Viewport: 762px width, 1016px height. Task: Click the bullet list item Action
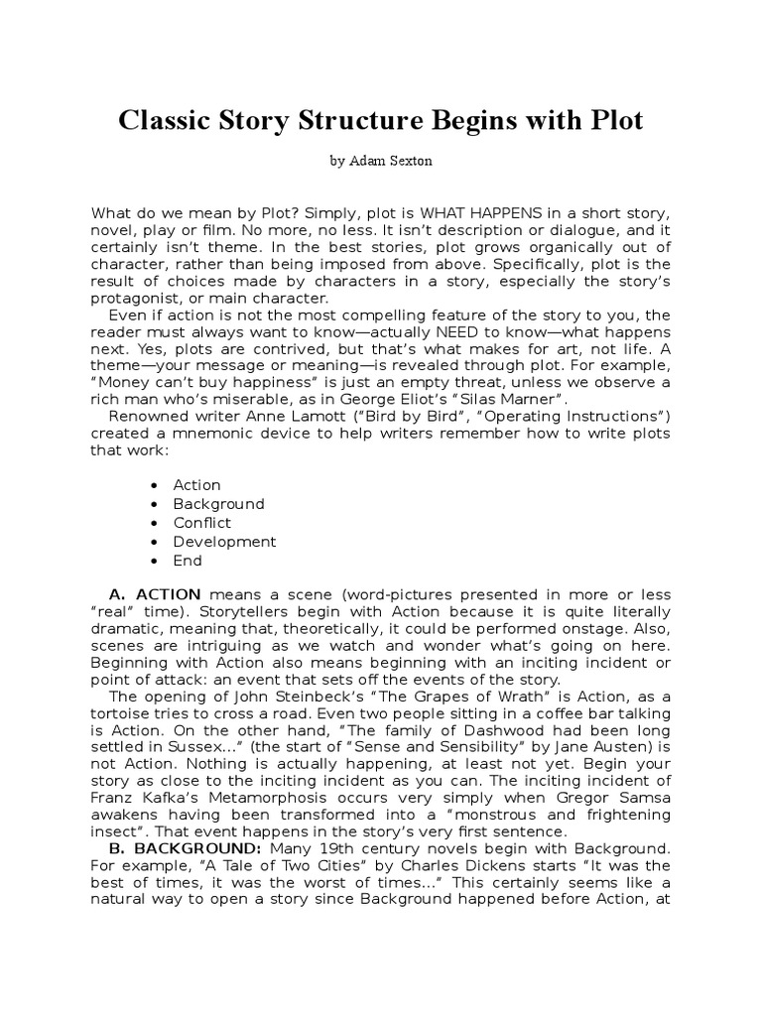(196, 485)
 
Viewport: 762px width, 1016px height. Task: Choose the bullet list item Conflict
(201, 523)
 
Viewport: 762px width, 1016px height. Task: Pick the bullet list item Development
(224, 542)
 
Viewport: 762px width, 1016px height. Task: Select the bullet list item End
(187, 561)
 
